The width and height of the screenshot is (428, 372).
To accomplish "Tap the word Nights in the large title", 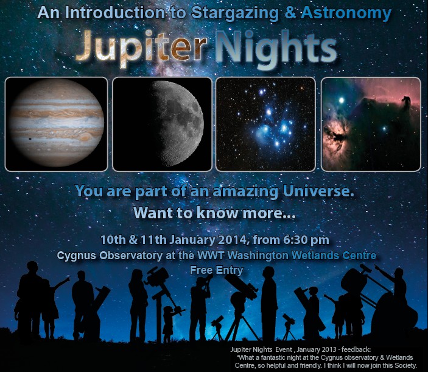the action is point(276,48).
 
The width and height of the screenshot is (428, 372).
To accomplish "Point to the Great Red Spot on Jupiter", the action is point(85,137).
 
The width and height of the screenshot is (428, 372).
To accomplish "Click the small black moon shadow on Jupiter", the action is point(29,140).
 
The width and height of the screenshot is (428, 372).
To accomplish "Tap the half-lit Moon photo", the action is point(162,124).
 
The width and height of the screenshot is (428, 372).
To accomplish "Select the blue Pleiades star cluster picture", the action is point(265,124).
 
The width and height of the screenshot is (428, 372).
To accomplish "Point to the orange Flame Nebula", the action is point(336,134).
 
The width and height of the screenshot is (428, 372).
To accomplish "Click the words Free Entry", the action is point(217,270).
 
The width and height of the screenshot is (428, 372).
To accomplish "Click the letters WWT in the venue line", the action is point(211,256).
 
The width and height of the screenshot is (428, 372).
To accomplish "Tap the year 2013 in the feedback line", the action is point(331,349).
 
